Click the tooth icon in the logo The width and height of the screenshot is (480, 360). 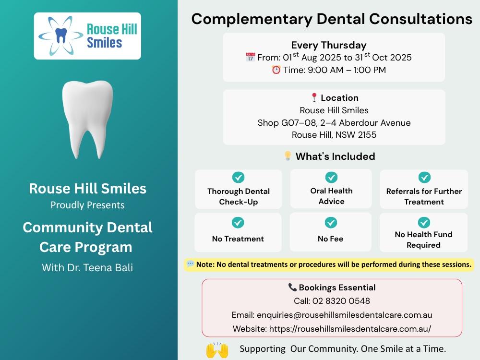[x=61, y=35]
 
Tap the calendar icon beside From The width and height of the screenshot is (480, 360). [x=251, y=57]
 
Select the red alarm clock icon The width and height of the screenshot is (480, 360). [x=276, y=70]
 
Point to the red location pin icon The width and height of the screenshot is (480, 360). [x=314, y=97]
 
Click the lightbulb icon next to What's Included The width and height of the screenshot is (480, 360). [x=288, y=156]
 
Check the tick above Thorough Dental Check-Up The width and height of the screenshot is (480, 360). [x=239, y=177]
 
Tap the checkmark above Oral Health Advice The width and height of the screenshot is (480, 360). [x=331, y=177]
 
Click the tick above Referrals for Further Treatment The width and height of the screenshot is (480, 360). [x=424, y=177]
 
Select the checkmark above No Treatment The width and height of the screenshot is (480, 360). [x=238, y=223]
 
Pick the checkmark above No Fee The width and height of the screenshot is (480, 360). [x=331, y=223]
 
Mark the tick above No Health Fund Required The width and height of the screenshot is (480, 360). [x=424, y=223]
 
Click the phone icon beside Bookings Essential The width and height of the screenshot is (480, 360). [x=292, y=287]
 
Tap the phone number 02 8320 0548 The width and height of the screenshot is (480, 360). [x=341, y=301]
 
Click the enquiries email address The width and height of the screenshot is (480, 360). [x=344, y=315]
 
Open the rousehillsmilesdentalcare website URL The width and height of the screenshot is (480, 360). [x=350, y=329]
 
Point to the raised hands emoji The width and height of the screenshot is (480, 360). [x=217, y=350]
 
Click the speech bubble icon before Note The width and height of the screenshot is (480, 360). [x=190, y=264]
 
